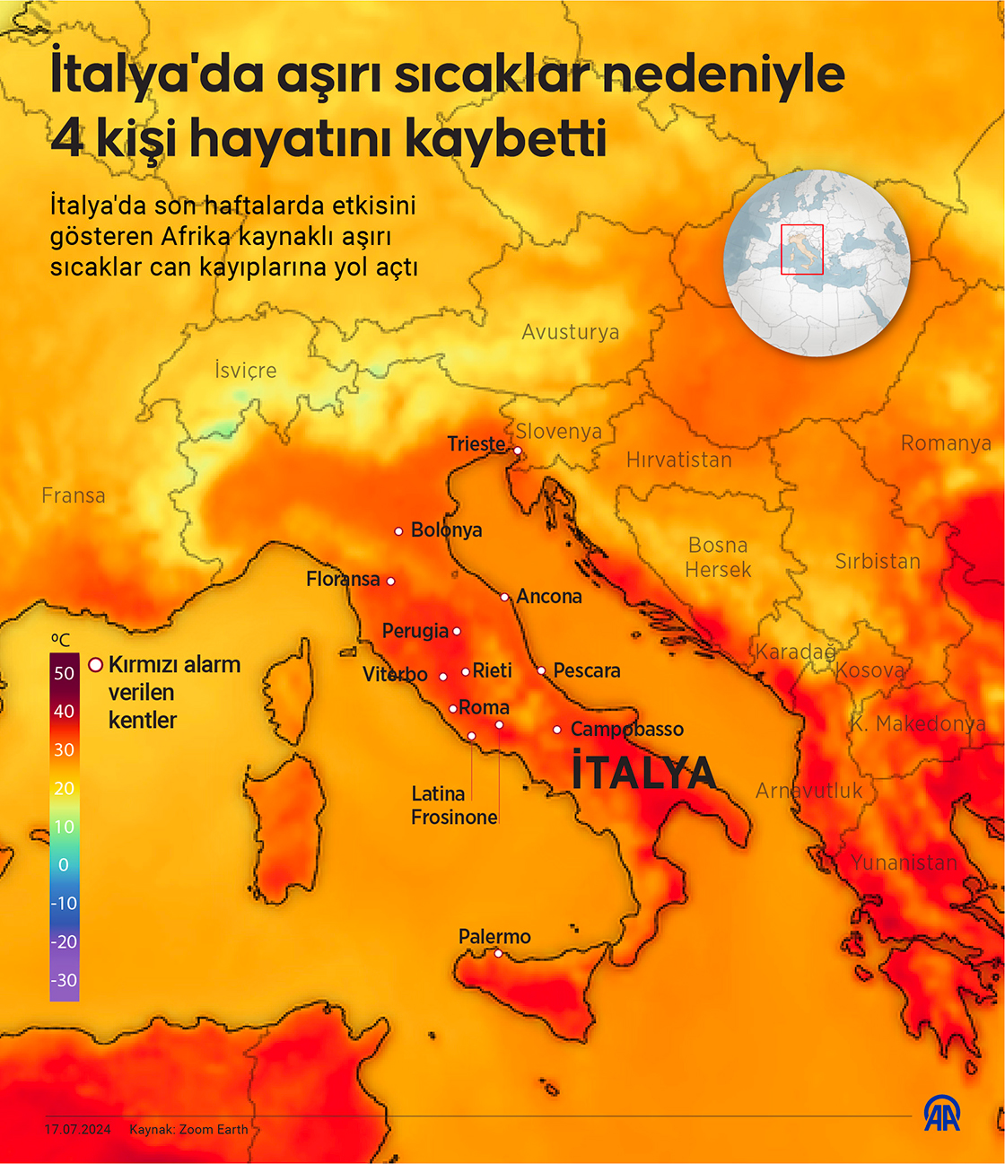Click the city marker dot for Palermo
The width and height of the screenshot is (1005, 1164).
point(498,953)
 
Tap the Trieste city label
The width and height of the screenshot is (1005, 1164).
point(476,444)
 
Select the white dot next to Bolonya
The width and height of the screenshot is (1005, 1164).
point(399,531)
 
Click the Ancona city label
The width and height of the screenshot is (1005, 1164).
point(549,597)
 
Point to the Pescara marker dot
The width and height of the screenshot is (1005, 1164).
point(541,670)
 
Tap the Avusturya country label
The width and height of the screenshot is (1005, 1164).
point(570,332)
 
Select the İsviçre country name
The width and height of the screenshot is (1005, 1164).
point(245,370)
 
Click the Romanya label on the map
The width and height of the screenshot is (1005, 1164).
point(945,443)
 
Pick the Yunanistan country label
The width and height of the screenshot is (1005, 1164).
point(903,862)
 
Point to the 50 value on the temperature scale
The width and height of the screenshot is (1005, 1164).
point(64,673)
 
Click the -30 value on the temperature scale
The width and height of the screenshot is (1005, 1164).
point(64,980)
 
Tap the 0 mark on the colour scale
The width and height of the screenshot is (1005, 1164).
point(64,865)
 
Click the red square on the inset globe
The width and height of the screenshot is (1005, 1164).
point(801,249)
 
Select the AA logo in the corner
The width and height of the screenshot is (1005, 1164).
point(942,1114)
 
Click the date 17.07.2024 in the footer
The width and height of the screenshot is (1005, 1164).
point(78,1129)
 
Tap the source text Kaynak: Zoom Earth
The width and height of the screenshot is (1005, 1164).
point(188,1129)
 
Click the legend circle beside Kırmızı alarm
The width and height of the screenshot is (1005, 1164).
point(95,665)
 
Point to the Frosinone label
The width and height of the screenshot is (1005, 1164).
point(454,817)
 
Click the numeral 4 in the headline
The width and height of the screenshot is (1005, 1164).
point(67,138)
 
